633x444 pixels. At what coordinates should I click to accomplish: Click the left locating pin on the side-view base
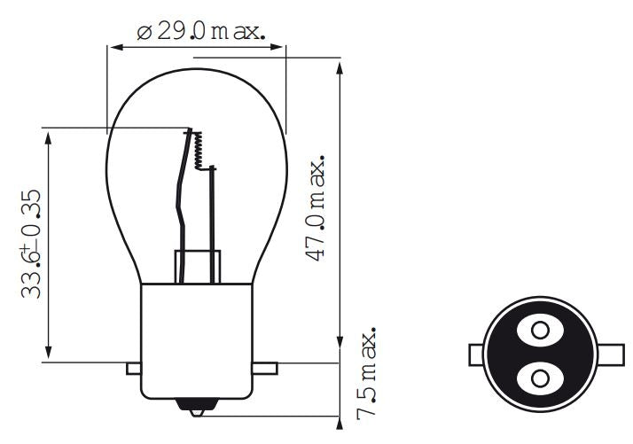click(x=135, y=367)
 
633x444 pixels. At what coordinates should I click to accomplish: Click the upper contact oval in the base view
click(x=539, y=331)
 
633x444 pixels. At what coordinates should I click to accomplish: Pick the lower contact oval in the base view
click(x=539, y=378)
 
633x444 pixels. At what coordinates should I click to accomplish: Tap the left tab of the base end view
click(x=476, y=354)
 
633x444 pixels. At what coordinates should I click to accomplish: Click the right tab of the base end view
click(x=602, y=354)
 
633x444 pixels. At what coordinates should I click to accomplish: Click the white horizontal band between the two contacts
click(x=539, y=354)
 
